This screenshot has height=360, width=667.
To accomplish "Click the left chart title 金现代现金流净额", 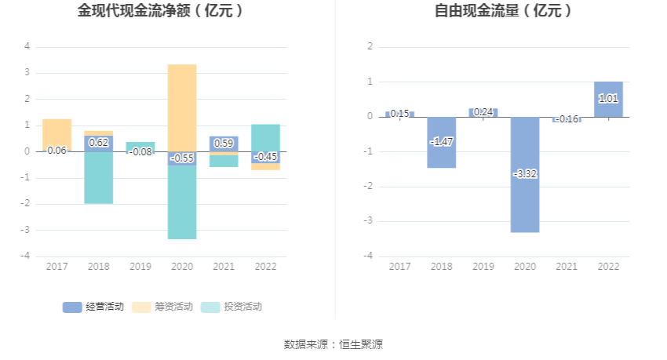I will [x=160, y=11].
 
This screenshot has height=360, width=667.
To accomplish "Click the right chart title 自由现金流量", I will [x=503, y=11].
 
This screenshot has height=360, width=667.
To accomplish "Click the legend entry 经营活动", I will [x=93, y=307].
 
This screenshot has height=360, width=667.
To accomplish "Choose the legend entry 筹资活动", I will [x=162, y=307].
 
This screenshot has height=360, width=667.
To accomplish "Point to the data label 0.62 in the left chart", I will [x=98, y=142].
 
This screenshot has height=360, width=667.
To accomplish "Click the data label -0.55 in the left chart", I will [x=182, y=158].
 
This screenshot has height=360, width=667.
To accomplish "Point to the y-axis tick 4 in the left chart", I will [x=27, y=46].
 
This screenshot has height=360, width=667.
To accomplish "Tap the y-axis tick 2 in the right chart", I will [x=369, y=46].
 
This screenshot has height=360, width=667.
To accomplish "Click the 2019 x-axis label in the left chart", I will [x=140, y=267].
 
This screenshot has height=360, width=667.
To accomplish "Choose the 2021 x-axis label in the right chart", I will [x=567, y=267].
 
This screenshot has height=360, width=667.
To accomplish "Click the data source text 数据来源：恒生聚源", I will [x=333, y=344].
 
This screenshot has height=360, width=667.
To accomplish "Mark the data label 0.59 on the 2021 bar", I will [x=224, y=144].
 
